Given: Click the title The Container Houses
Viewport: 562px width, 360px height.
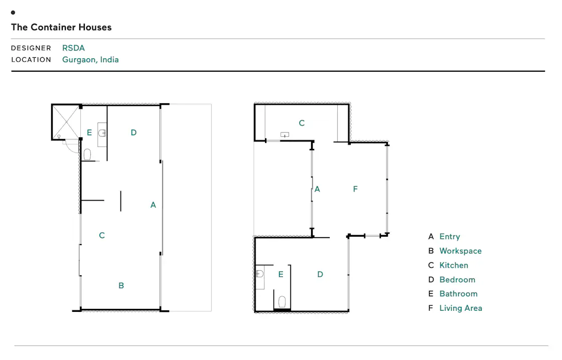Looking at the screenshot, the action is (61, 27).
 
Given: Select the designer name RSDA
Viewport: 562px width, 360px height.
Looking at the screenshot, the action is (73, 48).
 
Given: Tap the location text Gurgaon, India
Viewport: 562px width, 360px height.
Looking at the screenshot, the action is (90, 60).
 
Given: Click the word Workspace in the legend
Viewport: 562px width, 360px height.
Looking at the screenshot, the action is (461, 251).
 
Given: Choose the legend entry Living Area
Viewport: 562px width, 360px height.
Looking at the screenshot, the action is (461, 308).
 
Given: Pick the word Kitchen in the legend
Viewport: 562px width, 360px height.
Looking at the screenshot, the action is (454, 265).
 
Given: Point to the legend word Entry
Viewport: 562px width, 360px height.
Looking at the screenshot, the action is (450, 237).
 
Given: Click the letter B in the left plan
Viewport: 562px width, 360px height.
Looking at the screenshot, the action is (121, 285).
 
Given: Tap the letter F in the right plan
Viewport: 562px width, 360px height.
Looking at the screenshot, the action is (355, 189).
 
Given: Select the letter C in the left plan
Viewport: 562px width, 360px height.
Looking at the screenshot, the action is (102, 235).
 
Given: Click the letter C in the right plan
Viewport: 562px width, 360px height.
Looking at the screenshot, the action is (302, 123).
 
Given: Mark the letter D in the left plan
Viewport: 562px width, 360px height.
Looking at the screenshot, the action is (133, 132).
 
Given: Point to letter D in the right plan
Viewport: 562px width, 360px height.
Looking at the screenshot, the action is (320, 274).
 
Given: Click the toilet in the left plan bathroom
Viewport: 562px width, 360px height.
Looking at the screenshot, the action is (87, 155).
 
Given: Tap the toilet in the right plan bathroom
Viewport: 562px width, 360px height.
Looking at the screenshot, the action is (282, 302).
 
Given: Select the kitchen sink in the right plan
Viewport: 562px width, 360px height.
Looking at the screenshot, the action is (285, 135).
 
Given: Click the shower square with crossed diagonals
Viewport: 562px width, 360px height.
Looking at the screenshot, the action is (66, 122).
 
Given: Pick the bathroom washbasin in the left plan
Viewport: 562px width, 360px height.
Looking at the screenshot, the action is (102, 133).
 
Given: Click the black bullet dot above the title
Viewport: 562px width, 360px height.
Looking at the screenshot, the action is (13, 13).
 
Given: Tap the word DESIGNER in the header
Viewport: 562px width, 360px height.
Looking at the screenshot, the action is (31, 48).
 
